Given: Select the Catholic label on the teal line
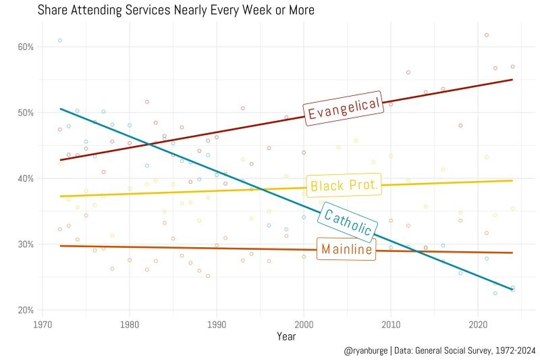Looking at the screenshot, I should coord(346,222).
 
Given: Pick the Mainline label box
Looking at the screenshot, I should coord(346,249).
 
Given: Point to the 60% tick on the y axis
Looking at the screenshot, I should coord(26,47).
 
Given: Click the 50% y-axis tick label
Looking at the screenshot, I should coord(26,113).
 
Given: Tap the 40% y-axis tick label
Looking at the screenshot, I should coord(26,178).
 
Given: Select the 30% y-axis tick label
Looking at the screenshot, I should coord(26,245).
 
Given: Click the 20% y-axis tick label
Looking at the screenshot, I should coord(26,310).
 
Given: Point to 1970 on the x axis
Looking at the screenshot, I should coord(43,323).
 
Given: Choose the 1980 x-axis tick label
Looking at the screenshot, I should coord(130,323).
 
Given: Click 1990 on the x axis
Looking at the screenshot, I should coord(217,323).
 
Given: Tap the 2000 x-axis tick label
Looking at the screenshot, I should coord(304,323).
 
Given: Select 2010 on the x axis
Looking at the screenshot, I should coord(391,323).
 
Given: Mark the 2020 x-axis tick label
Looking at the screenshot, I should coord(478,323).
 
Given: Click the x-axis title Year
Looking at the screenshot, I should coord(286,336).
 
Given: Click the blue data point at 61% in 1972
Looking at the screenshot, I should coord(60,41).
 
